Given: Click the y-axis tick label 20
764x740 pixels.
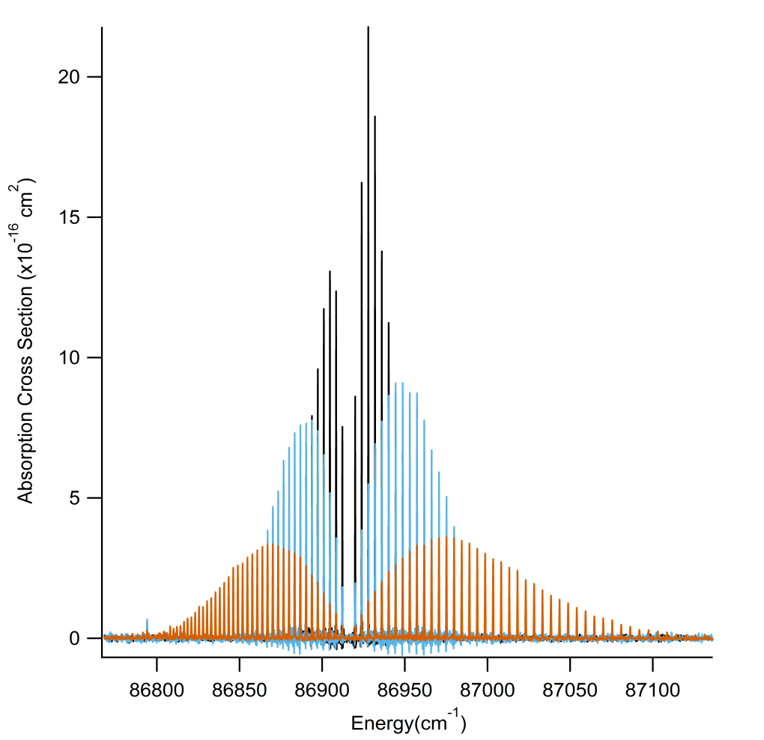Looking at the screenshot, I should pos(70,77).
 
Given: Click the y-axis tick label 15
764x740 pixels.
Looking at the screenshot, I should pos(70,217).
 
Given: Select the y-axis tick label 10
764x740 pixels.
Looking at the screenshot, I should pos(70,357).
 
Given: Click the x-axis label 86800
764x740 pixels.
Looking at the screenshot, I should pos(157,687).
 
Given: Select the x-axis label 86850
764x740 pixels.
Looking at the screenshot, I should pos(239,687).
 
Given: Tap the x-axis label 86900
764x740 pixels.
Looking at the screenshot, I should pos(322,687).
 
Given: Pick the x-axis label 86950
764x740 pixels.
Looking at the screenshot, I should pos(404,687).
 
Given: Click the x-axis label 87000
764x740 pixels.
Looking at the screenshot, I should pos(487,687).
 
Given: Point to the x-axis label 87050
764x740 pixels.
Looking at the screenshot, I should pos(569,687).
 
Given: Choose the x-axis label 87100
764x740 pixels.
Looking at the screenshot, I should pos(652,687).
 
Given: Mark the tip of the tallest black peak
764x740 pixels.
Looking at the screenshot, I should pos(368,28).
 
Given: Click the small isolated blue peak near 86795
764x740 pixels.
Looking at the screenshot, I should pos(147,620).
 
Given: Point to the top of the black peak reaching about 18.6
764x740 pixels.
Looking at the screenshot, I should pos(375,117).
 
